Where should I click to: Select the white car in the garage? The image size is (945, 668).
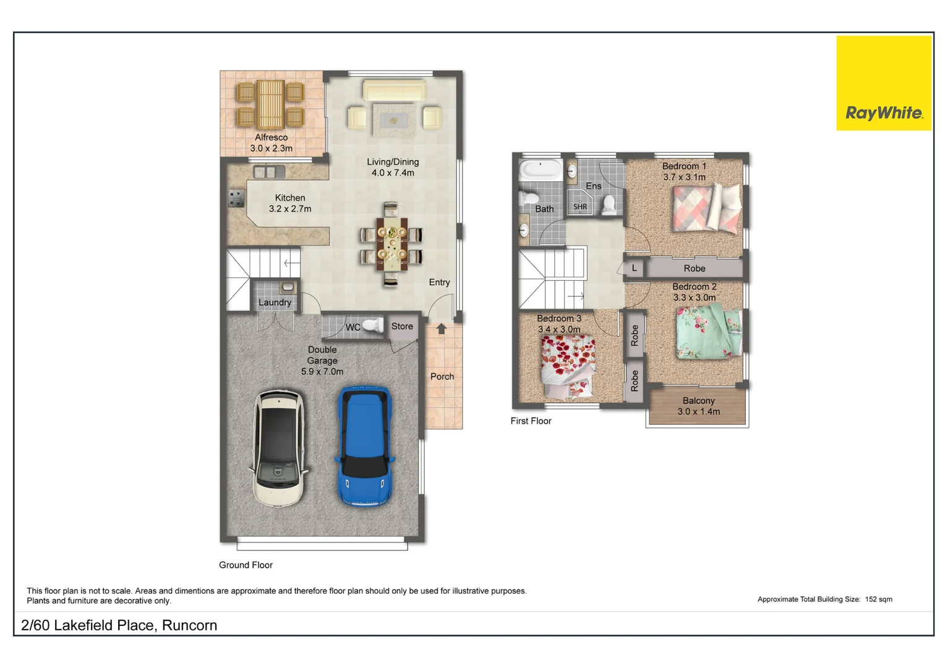(x=279, y=448)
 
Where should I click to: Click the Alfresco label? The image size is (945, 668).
(x=271, y=137)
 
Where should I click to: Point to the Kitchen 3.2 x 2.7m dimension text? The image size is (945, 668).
(x=290, y=209)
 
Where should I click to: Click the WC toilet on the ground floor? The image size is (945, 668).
(x=373, y=325)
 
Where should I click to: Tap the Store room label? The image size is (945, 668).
(x=402, y=327)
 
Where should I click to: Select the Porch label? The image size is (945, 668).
(x=442, y=377)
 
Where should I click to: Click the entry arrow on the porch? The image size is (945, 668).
(x=442, y=328)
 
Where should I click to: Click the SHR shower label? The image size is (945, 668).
(x=580, y=207)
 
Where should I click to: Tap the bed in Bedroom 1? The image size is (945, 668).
(x=707, y=208)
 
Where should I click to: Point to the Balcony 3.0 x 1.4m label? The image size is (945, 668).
(x=699, y=406)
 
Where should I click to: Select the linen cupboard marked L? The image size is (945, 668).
(x=635, y=268)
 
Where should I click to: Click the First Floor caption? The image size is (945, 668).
(x=531, y=421)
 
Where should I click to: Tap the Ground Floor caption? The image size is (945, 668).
(x=246, y=565)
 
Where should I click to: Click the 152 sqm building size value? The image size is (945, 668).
(x=878, y=599)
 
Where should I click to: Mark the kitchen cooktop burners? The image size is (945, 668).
(x=236, y=198)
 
